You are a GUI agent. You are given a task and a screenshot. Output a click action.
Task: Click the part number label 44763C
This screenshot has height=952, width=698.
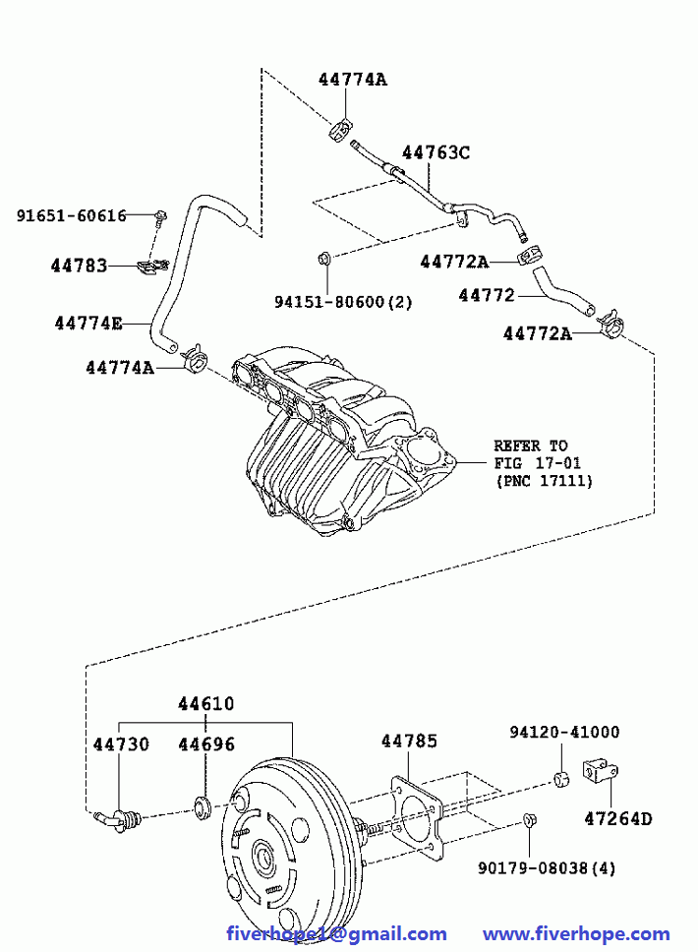[x=436, y=152]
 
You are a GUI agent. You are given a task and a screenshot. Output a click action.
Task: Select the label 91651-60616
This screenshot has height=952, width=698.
[x=71, y=215]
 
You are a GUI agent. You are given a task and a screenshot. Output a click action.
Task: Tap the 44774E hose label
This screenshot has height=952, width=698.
[x=88, y=322]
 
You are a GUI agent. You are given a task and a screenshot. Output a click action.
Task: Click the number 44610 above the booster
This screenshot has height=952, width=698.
[x=205, y=704]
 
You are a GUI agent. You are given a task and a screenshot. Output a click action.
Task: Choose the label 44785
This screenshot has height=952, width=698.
[x=409, y=742]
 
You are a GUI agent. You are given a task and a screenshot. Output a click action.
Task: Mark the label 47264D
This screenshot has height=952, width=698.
[x=617, y=817]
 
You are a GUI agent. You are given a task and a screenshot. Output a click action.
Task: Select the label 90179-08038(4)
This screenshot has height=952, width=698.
[x=548, y=867]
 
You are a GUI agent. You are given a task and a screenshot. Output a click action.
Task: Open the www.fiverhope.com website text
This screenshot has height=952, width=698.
[x=576, y=933]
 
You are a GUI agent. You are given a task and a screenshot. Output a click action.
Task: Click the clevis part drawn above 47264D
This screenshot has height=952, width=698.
[x=598, y=771]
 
